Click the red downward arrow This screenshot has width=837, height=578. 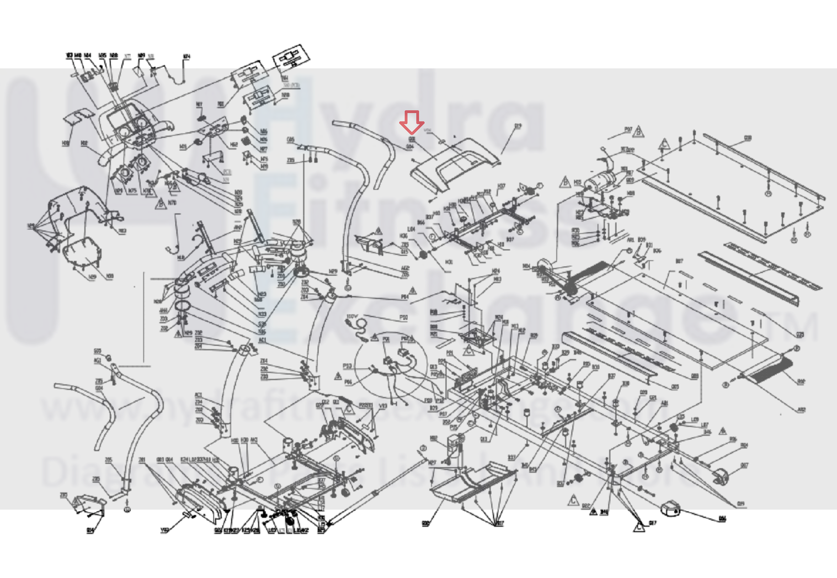coord(412,121)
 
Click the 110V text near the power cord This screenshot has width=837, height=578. coord(352,317)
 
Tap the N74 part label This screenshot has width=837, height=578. coord(186,56)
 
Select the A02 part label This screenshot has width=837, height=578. coord(802,410)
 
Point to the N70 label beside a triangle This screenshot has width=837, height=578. coord(172,203)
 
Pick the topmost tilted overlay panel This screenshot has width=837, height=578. coord(291,58)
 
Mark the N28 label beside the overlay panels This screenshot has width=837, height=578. coord(285,95)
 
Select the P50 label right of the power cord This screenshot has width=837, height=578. coord(403,317)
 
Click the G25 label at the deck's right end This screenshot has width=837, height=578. coord(799,334)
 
